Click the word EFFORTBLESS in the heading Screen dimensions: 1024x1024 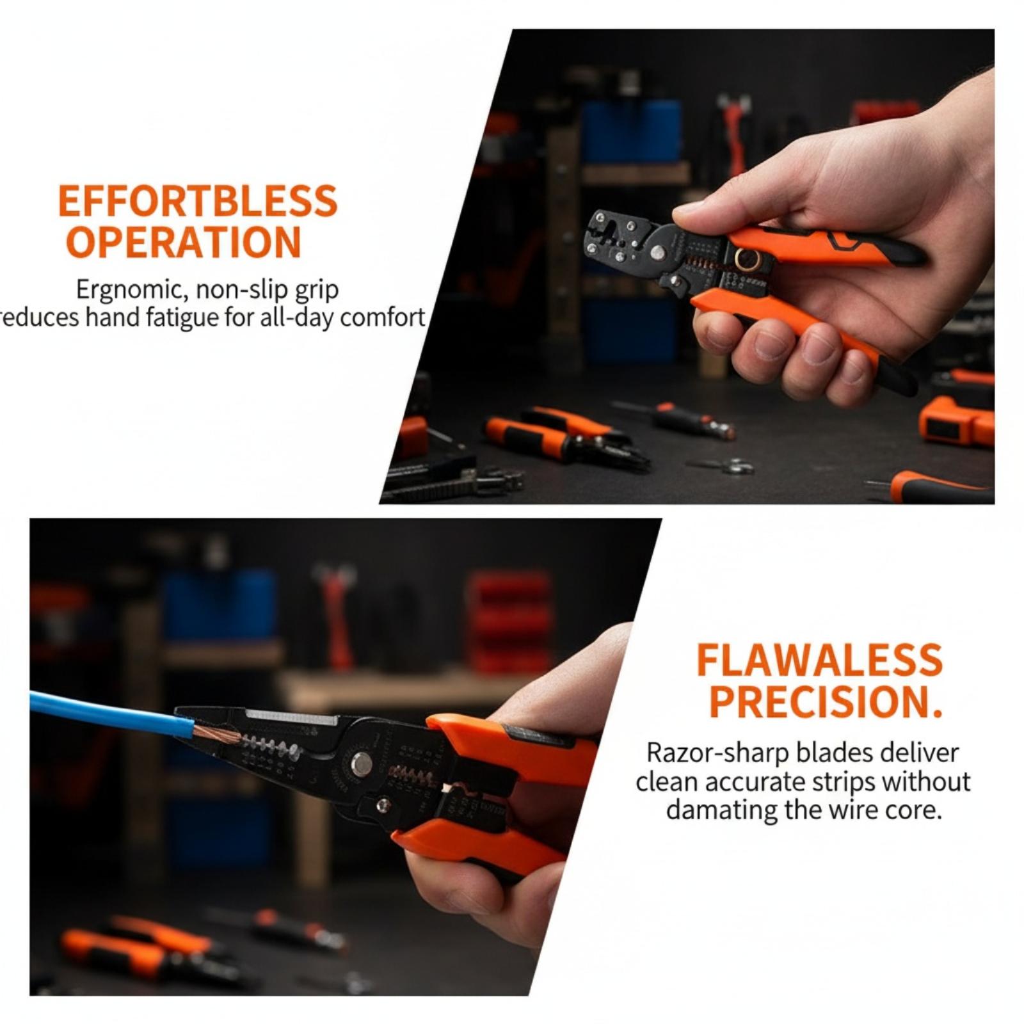(x=198, y=201)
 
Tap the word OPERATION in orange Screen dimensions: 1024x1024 (x=184, y=243)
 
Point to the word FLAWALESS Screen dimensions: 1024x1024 (x=819, y=660)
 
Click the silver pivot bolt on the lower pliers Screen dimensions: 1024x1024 (x=362, y=763)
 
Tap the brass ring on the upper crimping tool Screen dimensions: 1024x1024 (x=747, y=260)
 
